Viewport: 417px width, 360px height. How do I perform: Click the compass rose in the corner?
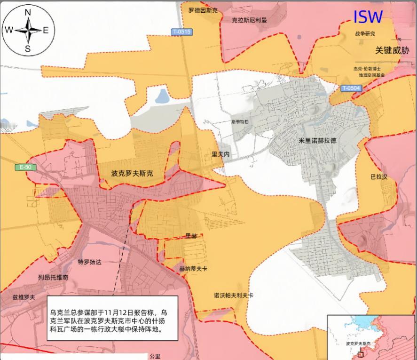(28, 30)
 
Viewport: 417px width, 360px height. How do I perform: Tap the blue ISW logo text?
(368, 17)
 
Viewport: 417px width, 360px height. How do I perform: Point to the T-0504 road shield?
(351, 88)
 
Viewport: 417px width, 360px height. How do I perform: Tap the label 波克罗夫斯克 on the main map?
(132, 174)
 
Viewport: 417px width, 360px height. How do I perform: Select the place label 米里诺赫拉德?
(317, 141)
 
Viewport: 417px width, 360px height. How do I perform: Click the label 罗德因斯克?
(203, 9)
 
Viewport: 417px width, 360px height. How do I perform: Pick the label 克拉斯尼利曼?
(250, 21)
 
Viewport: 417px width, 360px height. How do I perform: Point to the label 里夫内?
(220, 154)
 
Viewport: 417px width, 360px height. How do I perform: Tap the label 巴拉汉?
(379, 177)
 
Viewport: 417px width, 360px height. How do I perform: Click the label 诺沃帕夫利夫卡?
(234, 296)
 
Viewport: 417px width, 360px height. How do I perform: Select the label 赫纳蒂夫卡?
(193, 268)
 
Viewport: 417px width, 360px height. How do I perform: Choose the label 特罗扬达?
(89, 262)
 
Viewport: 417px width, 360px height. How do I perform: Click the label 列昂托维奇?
(53, 278)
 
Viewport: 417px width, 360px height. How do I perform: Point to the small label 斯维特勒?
(240, 121)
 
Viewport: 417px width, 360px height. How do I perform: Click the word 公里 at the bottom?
(155, 356)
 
